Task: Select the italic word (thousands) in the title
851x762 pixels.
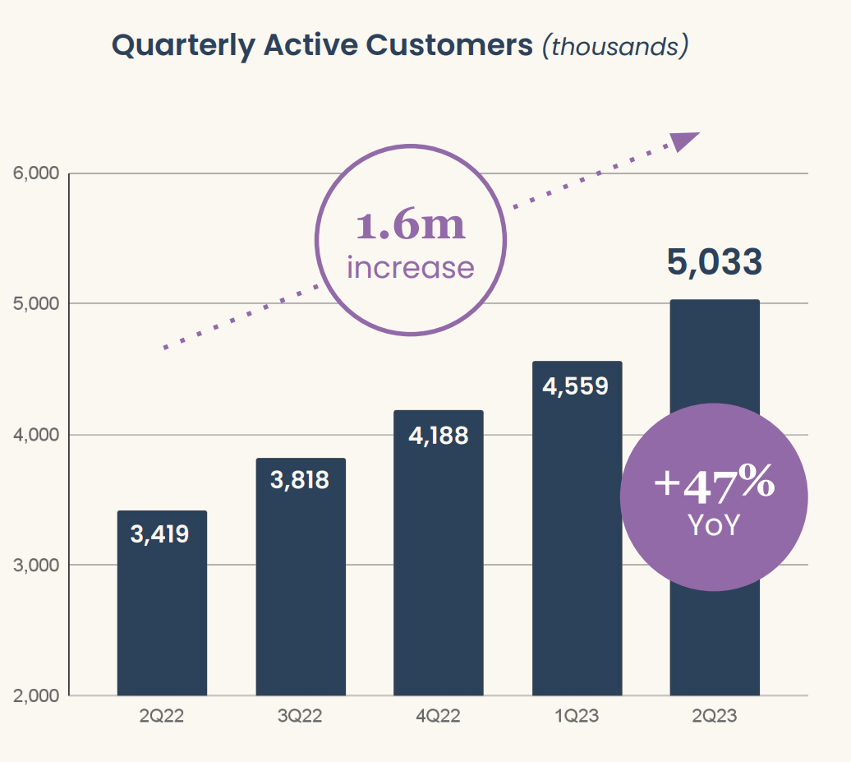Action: (614, 46)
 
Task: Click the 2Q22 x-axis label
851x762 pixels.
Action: (161, 717)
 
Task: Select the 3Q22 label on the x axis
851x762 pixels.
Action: (300, 717)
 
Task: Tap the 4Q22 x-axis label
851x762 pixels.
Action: (438, 717)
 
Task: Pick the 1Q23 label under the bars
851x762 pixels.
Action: (577, 717)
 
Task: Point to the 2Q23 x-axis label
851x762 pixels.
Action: (715, 717)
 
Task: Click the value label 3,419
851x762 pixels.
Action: (160, 534)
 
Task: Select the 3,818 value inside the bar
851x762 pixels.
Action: (300, 480)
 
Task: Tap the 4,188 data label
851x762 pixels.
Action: (438, 435)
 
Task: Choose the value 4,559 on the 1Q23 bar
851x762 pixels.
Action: (576, 386)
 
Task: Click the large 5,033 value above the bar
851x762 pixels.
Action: (715, 262)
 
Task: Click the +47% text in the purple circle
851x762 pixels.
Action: (714, 484)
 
